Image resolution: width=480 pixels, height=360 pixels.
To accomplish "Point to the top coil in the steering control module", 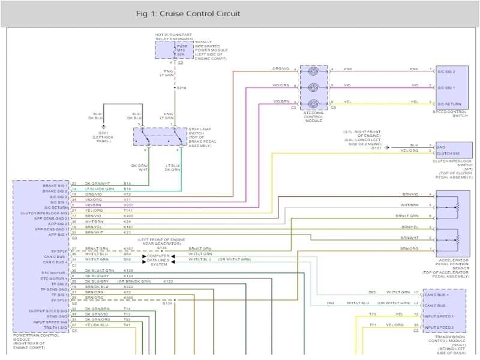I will pos(314,71).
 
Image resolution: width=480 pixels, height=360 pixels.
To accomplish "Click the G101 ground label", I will pos(376,148).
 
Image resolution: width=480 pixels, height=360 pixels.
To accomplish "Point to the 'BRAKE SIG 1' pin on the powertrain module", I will pos(55,184).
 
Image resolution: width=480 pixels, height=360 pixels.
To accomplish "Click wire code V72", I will pos(127,195).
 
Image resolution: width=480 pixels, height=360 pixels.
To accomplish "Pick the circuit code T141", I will pos(128,211).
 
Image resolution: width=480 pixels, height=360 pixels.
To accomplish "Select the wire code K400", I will pos(128,216).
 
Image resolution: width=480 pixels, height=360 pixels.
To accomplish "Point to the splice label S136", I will pos(162,247).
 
